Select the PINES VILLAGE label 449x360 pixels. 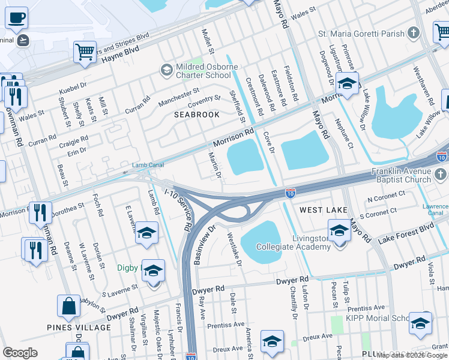(x=79, y=328)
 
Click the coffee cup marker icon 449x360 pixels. (x=16, y=18)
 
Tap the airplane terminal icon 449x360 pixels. (x=23, y=40)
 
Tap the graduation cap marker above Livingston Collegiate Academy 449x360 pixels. (x=339, y=230)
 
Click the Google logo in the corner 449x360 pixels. (x=20, y=353)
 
